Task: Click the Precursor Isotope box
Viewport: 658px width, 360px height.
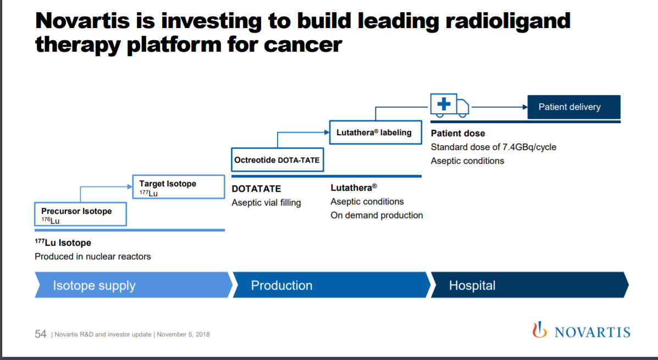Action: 81,214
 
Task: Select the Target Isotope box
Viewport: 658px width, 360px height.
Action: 179,187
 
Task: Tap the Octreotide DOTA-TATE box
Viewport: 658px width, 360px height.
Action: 278,159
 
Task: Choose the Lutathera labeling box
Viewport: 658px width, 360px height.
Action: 375,132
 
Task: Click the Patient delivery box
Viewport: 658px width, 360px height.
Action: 574,107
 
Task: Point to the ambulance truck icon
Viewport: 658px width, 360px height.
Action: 450,106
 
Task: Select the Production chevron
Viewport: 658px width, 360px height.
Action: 331,285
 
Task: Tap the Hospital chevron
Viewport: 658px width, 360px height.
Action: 529,285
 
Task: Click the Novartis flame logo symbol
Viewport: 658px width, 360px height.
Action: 540,330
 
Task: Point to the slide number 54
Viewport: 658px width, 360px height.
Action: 40,334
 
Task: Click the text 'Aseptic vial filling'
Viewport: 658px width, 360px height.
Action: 266,203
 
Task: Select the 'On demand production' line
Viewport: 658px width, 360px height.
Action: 377,215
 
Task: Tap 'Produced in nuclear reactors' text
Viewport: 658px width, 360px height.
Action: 93,256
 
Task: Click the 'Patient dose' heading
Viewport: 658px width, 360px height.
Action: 458,134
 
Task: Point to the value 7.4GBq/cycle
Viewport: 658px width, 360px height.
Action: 529,147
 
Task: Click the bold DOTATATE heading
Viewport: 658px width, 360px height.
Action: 256,189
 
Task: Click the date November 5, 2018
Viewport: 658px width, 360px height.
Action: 183,334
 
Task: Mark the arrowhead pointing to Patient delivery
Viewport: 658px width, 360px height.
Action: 525,107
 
